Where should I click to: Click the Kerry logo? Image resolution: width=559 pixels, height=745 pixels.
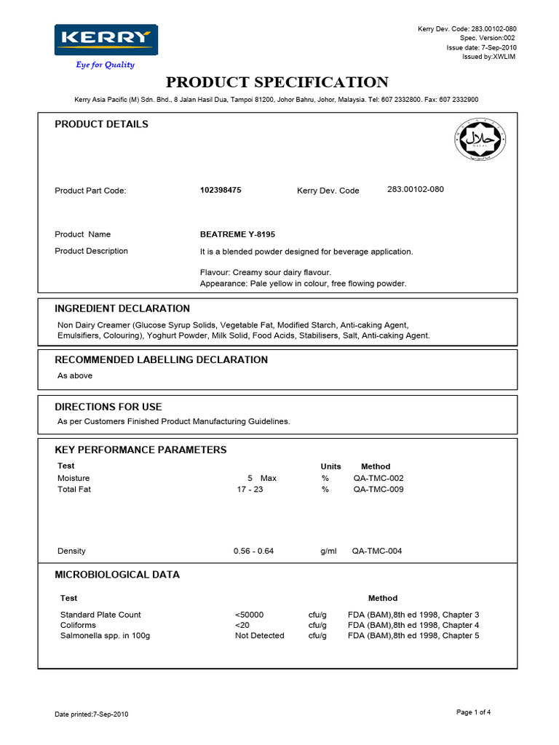click(106, 39)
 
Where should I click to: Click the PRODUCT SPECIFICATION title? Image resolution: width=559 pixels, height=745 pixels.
click(277, 82)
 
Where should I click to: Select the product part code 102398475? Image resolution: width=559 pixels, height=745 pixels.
click(221, 190)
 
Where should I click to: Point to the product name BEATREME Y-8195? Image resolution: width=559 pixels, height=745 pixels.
click(237, 234)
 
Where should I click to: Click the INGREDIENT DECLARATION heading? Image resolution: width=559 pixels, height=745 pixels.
click(122, 308)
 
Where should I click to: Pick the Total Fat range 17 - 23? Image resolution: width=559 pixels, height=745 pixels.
click(250, 490)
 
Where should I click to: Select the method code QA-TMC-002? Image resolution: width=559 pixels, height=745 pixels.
click(378, 478)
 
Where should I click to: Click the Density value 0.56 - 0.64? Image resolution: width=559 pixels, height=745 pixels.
click(253, 551)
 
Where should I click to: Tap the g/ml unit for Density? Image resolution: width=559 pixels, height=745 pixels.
click(328, 551)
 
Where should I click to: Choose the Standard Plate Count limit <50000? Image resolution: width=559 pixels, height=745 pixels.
click(250, 615)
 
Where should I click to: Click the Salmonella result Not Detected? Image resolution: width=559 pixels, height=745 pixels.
click(259, 635)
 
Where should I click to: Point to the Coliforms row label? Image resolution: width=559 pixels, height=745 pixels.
click(78, 625)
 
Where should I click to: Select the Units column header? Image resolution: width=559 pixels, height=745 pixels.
click(330, 466)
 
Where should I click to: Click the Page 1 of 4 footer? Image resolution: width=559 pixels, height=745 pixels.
click(473, 712)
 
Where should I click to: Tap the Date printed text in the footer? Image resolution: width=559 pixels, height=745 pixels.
click(92, 714)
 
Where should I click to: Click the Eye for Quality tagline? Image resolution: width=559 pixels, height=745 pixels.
click(106, 65)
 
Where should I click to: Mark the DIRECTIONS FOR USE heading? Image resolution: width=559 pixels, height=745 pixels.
click(108, 407)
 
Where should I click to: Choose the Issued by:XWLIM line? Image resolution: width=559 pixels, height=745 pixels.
click(488, 57)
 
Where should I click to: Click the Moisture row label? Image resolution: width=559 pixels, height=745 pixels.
click(74, 478)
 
